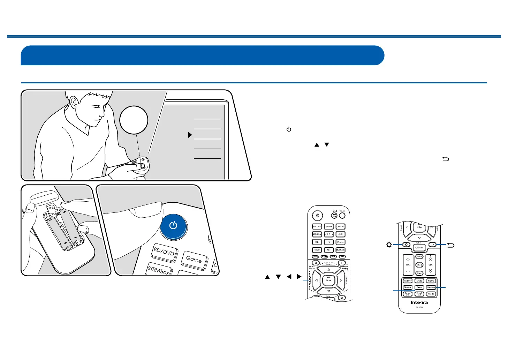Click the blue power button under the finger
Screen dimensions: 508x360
pyautogui.click(x=173, y=226)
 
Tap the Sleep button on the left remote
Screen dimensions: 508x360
pyautogui.click(x=342, y=215)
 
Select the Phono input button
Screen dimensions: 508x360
pyautogui.click(x=340, y=242)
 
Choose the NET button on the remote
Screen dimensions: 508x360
pyautogui.click(x=328, y=250)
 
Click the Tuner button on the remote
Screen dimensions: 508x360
pyautogui.click(x=317, y=250)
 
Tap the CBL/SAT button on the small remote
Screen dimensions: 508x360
pyautogui.click(x=340, y=226)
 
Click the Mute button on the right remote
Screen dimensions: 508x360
pyautogui.click(x=419, y=248)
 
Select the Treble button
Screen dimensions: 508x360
pyautogui.click(x=419, y=256)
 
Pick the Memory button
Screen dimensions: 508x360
pyautogui.click(x=431, y=287)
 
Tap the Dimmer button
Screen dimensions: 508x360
pyautogui.click(x=407, y=287)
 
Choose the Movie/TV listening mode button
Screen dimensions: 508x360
pyautogui.click(x=407, y=281)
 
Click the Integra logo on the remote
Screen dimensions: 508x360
pyautogui.click(x=419, y=302)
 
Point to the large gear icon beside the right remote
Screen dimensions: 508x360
pyautogui.click(x=389, y=245)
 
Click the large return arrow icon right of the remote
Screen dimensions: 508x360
pyautogui.click(x=450, y=245)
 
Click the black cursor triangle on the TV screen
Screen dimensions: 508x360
pyautogui.click(x=190, y=135)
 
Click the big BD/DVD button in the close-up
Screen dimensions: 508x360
pyautogui.click(x=164, y=252)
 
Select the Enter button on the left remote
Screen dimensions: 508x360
pyautogui.click(x=328, y=280)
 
